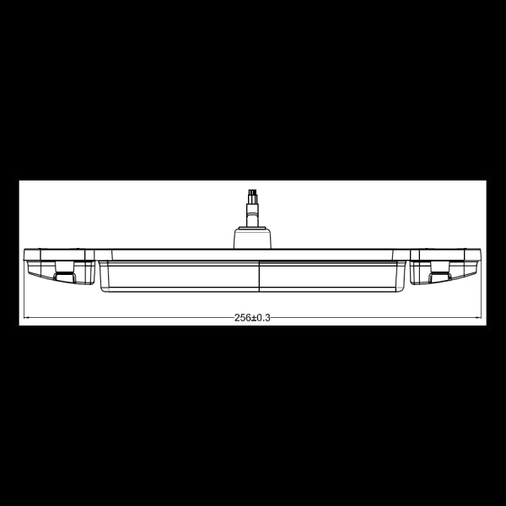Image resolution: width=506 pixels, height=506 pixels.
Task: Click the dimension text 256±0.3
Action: (252, 317)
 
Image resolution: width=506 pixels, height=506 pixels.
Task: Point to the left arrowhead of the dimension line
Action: (26, 318)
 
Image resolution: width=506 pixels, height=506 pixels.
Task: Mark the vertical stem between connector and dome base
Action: (250, 214)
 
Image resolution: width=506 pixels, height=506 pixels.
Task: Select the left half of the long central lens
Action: (179, 277)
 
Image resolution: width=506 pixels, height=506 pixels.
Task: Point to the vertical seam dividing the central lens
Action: (258, 277)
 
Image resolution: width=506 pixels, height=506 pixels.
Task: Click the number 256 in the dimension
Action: (242, 317)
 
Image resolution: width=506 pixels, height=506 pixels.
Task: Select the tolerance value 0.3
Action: (263, 317)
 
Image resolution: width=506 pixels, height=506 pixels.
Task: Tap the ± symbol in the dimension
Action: (253, 317)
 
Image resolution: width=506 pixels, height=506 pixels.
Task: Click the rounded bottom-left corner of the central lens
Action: (102, 288)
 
